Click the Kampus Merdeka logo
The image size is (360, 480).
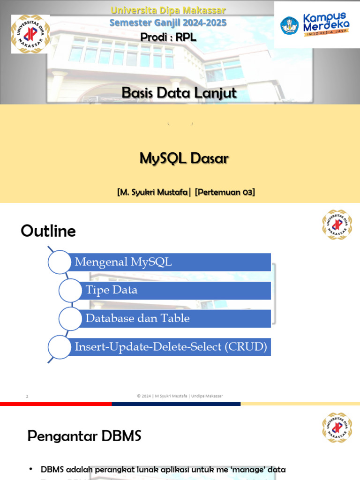click(x=316, y=24)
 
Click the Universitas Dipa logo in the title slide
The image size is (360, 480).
click(x=30, y=34)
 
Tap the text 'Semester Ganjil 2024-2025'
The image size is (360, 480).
click(x=168, y=22)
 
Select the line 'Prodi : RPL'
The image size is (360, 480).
click(x=168, y=37)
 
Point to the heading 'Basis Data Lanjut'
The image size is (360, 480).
click(x=179, y=93)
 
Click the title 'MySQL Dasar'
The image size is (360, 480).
click(x=184, y=158)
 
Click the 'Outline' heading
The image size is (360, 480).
click(x=48, y=231)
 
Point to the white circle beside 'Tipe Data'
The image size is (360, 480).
click(x=71, y=291)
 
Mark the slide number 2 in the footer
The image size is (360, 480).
click(x=27, y=397)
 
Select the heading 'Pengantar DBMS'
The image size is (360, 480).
click(x=84, y=436)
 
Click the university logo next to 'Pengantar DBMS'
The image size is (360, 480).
click(x=337, y=427)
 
